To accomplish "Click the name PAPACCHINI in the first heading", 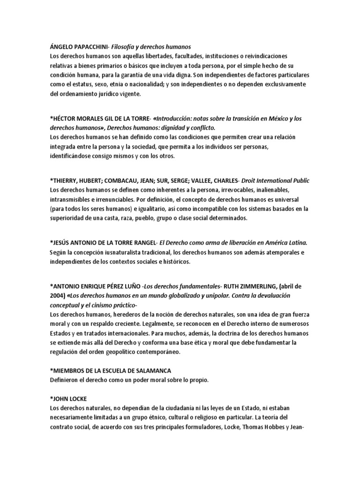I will [x=97, y=46].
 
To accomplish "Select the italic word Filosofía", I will [x=135, y=46].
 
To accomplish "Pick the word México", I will [x=270, y=119].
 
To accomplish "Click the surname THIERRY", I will [x=67, y=180].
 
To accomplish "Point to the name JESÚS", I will [x=63, y=243].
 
